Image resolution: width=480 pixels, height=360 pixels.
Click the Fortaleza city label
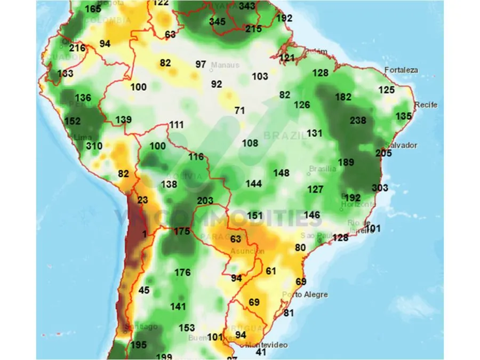click(403, 70)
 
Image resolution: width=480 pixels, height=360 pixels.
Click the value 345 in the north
click(217, 22)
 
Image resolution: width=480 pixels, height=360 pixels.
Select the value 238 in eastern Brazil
click(358, 121)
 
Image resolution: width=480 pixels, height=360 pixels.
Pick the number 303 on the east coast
click(380, 188)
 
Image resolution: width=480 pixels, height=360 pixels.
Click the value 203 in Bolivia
click(205, 201)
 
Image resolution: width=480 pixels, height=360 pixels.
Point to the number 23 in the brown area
click(142, 201)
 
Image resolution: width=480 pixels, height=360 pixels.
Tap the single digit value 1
click(144, 234)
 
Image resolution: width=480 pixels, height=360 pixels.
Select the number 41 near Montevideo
click(261, 353)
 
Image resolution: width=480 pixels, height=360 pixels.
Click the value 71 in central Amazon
click(239, 110)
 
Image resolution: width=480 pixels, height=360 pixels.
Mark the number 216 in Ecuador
click(77, 48)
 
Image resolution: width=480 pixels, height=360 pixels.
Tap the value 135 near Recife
click(404, 116)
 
